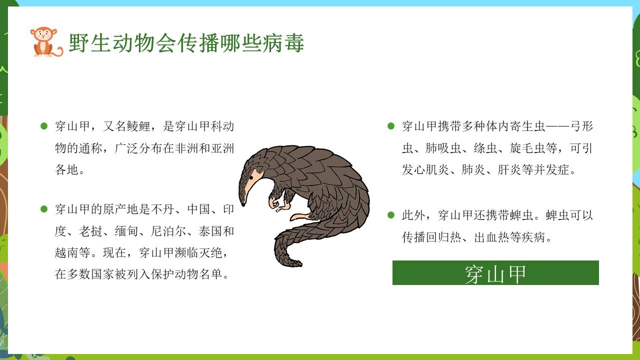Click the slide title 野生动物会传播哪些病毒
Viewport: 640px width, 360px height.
186,43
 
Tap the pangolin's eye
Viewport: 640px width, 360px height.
251,177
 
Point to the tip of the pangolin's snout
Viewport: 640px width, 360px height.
243,205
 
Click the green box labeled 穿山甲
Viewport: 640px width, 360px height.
495,272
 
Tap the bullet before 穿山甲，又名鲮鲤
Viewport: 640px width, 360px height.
43,126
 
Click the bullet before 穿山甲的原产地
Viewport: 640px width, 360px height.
43,209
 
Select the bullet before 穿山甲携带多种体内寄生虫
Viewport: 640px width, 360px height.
391,126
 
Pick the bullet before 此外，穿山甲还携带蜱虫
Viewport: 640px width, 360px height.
391,215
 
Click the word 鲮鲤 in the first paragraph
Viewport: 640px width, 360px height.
139,126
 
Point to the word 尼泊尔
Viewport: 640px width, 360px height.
169,231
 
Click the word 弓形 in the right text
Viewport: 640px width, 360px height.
581,126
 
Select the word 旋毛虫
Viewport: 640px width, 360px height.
527,148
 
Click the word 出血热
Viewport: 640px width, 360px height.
491,237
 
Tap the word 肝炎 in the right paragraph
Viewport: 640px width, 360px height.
509,169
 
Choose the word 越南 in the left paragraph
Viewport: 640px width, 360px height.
67,253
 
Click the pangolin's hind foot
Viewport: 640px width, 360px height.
300,217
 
